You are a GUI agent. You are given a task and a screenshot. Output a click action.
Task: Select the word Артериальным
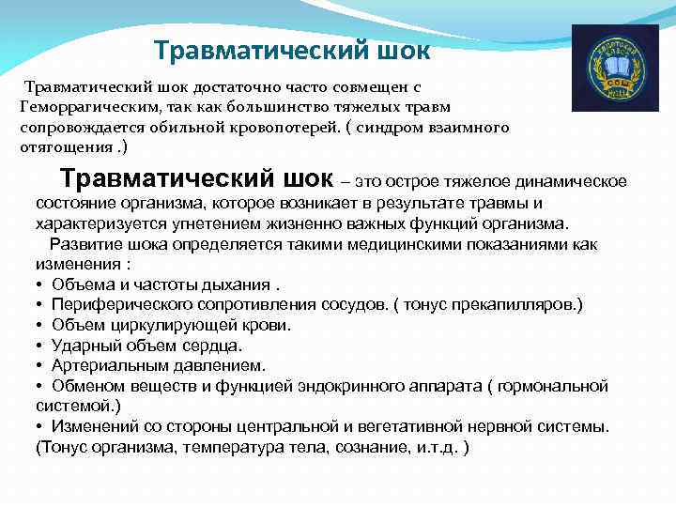pyautogui.click(x=109, y=365)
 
